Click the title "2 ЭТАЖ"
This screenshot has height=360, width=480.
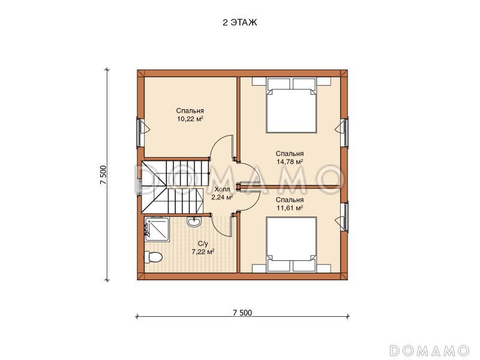pyautogui.click(x=239, y=23)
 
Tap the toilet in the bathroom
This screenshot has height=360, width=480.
pyautogui.click(x=153, y=257)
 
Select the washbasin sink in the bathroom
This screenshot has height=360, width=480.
pyautogui.click(x=193, y=221)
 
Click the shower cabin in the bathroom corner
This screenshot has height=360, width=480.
pyautogui.click(x=157, y=229)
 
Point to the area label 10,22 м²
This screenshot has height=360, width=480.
pyautogui.click(x=190, y=119)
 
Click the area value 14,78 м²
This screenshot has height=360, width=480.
pyautogui.click(x=290, y=161)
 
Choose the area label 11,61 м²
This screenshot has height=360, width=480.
pyautogui.click(x=290, y=208)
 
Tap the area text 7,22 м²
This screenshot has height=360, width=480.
pyautogui.click(x=203, y=252)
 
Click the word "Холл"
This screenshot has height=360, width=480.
pyautogui.click(x=222, y=189)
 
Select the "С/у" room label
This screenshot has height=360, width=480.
pyautogui.click(x=203, y=244)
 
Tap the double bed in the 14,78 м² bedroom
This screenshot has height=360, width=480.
pyautogui.click(x=291, y=105)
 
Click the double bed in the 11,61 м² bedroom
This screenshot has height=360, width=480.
pyautogui.click(x=291, y=244)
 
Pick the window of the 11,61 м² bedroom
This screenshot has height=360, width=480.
pyautogui.click(x=345, y=217)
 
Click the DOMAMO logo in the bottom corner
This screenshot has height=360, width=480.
pyautogui.click(x=430, y=350)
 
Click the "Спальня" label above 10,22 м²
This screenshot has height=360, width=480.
pyautogui.click(x=190, y=111)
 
